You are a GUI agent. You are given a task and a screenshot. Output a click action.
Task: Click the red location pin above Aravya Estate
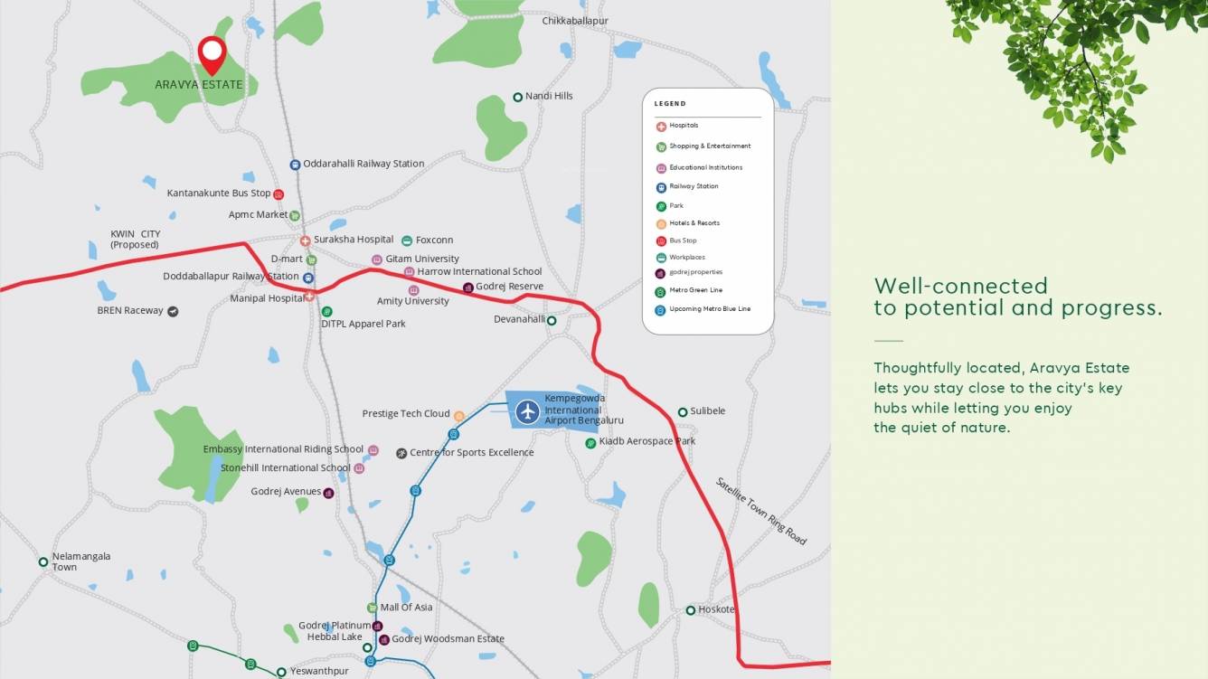(212, 52)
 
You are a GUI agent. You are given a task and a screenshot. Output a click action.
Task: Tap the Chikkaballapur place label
(575, 21)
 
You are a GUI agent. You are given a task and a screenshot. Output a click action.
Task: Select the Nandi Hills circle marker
(518, 97)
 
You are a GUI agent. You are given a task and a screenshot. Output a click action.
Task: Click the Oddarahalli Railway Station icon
(295, 165)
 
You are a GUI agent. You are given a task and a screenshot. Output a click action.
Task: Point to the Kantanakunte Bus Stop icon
(278, 193)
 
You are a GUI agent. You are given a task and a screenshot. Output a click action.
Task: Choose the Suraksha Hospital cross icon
(306, 240)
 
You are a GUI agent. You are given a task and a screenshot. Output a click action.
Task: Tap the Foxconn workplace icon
(407, 240)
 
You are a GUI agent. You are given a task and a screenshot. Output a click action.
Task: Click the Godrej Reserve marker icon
(468, 288)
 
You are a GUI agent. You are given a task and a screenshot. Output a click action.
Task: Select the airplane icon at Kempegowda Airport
(527, 412)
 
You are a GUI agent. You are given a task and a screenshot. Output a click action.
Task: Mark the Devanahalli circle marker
(552, 320)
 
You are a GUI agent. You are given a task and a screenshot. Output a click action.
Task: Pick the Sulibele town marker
(683, 412)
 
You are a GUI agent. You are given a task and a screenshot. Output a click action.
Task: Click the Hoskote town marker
(690, 610)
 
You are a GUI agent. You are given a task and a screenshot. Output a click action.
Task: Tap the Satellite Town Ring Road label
(760, 511)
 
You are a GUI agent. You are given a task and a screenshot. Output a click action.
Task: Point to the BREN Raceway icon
(173, 311)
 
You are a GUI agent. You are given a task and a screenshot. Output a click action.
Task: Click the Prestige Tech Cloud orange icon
(459, 416)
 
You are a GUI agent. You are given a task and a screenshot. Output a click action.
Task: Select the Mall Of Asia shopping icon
(372, 608)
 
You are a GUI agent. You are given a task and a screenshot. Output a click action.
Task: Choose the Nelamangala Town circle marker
(42, 562)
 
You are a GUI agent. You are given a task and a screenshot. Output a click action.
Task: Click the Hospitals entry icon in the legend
(661, 127)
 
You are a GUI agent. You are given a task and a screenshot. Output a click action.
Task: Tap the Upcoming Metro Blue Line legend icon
(661, 310)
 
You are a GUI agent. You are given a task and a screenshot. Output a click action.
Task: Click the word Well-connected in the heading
(960, 287)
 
